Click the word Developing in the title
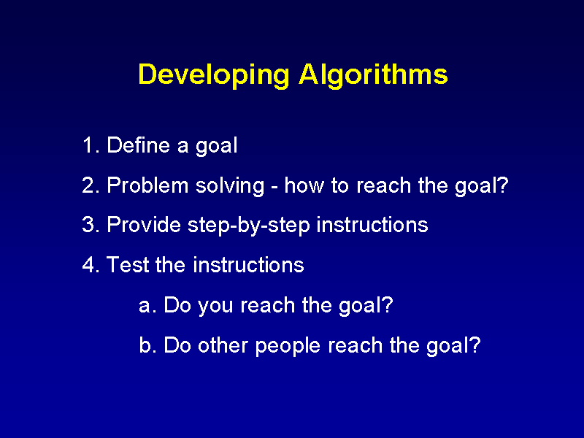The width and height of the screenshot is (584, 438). point(213,76)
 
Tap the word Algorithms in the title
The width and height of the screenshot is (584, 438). point(373,74)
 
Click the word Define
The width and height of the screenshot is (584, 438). point(138,145)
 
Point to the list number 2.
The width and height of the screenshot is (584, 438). point(91,185)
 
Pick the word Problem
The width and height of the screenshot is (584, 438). point(148,185)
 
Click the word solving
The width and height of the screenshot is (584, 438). point(230,186)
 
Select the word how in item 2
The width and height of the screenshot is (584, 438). point(304,185)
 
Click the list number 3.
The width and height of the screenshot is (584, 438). point(91,225)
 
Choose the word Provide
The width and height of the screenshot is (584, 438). point(144,225)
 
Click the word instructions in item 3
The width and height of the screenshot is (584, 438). point(372,225)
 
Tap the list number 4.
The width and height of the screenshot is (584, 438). point(91,265)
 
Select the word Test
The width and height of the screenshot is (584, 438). point(127,265)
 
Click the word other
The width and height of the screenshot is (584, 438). point(223,345)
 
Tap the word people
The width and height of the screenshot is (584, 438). point(288,346)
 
